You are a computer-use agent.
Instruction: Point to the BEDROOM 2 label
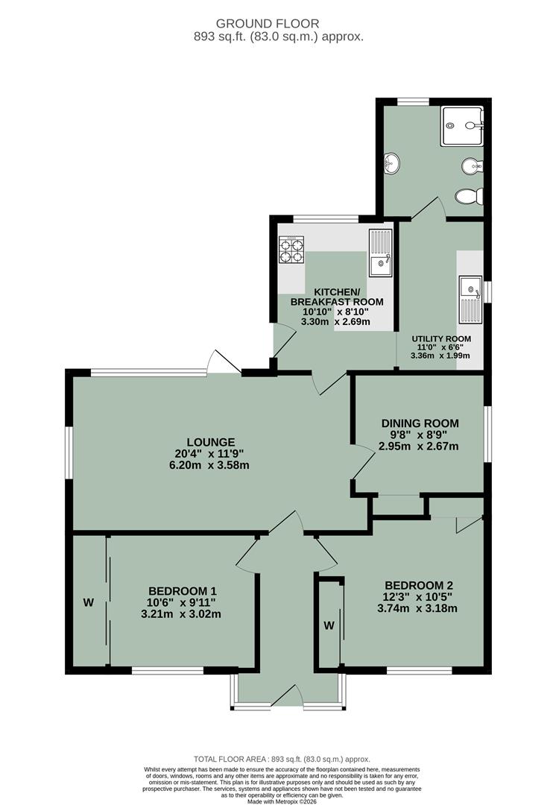[418, 585]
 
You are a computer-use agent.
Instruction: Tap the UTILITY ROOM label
[442, 338]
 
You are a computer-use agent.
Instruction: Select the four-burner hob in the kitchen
[291, 249]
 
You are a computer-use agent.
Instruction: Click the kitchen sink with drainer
[380, 253]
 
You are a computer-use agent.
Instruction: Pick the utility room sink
[470, 299]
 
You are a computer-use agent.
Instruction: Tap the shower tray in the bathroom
[462, 124]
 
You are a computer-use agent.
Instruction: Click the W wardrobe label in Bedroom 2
[329, 625]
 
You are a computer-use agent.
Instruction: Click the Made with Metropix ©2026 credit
[278, 800]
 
